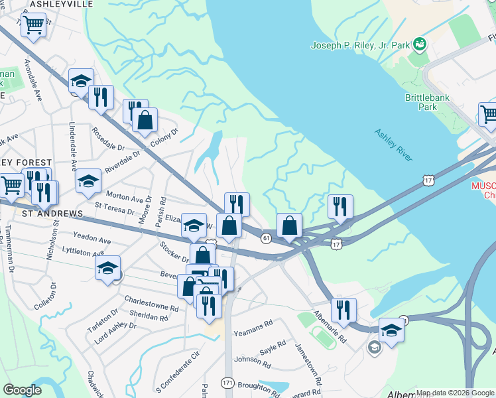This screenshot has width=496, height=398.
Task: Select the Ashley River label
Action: pyautogui.click(x=393, y=145)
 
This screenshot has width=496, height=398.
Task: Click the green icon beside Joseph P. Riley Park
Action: pyautogui.click(x=418, y=44)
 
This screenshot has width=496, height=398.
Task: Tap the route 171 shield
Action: pyautogui.click(x=227, y=383)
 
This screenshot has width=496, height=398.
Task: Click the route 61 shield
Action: pyautogui.click(x=266, y=238)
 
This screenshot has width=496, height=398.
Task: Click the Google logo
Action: pyautogui.click(x=22, y=389)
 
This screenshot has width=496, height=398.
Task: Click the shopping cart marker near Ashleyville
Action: pyautogui.click(x=32, y=27)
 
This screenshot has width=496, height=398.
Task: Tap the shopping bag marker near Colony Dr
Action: pyautogui.click(x=145, y=121)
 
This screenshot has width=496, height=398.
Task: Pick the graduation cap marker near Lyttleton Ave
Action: pyautogui.click(x=107, y=269)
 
